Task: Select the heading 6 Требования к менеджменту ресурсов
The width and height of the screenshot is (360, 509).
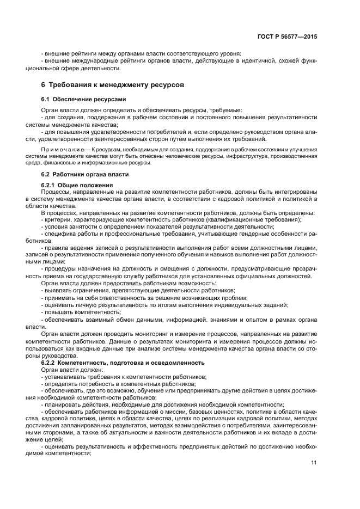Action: pyautogui.click(x=113, y=85)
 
